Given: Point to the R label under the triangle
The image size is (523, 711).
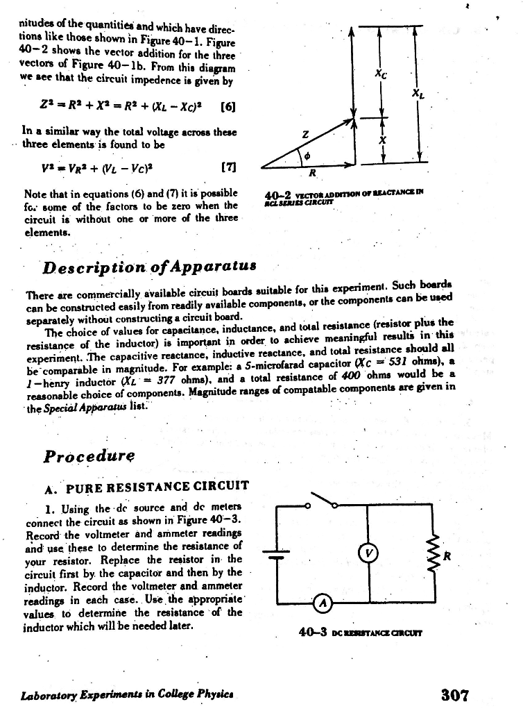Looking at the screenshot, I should [313, 173].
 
